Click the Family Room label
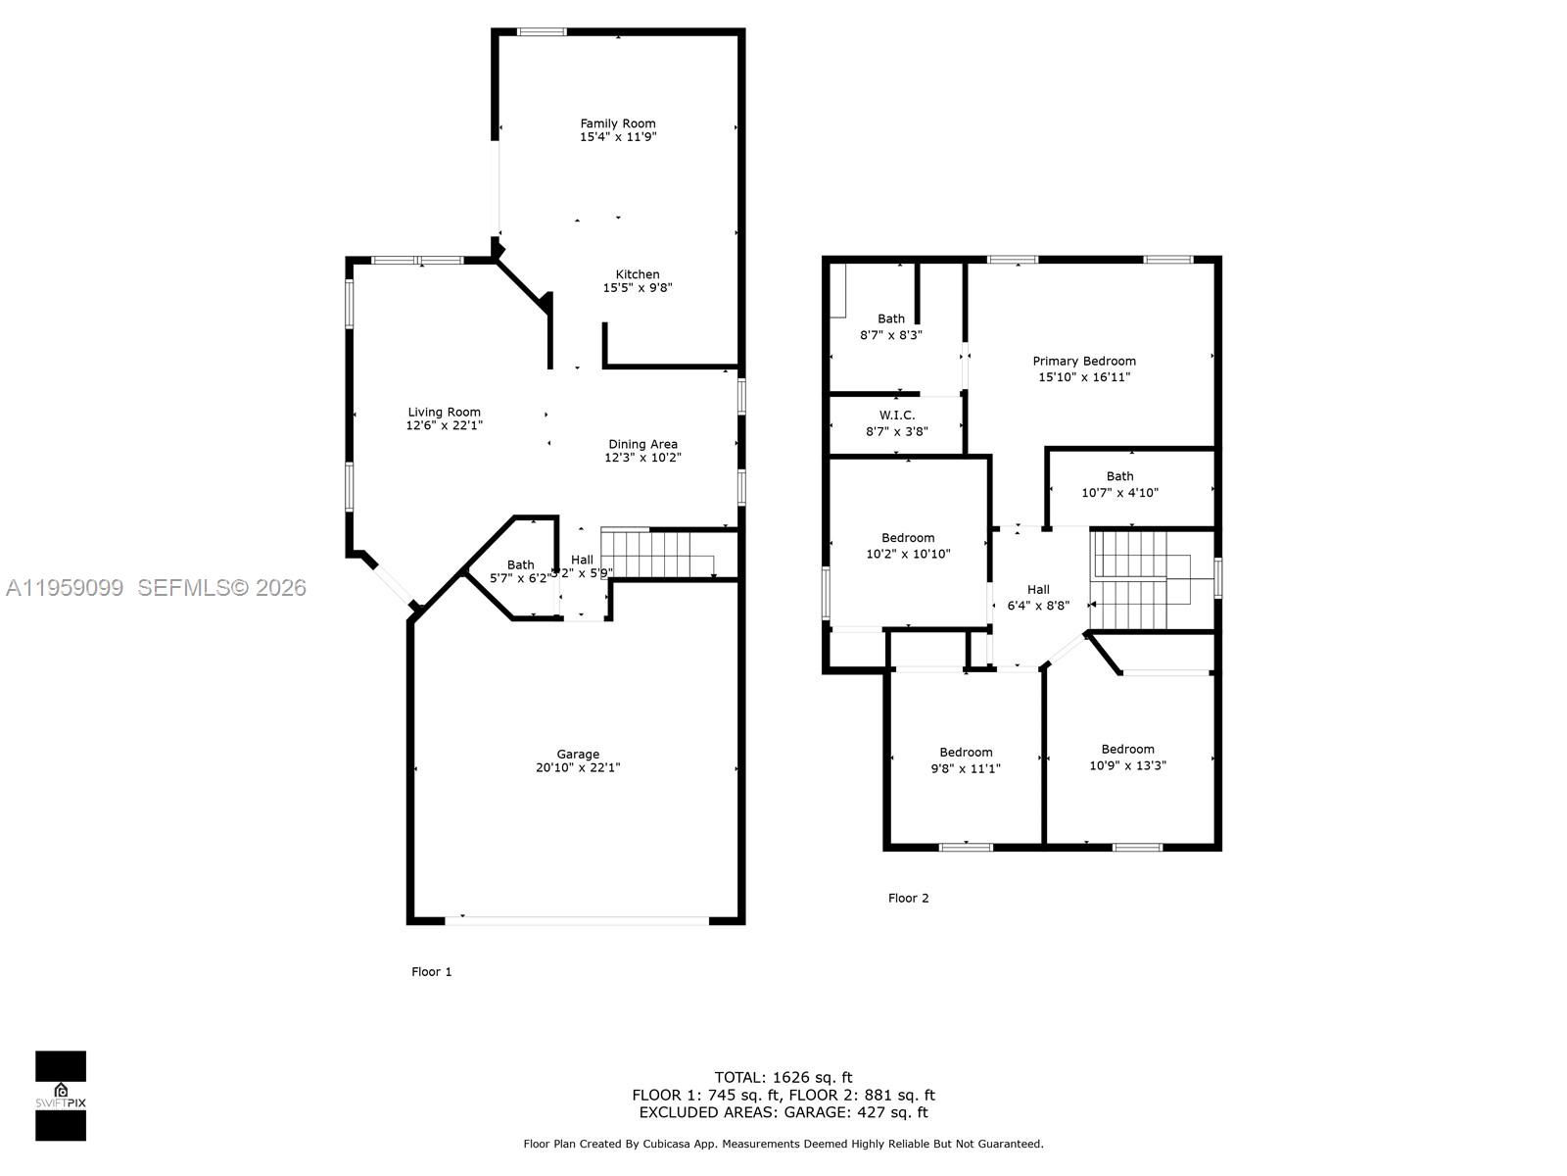pos(617,123)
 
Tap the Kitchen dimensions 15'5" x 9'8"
pos(637,288)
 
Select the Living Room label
pos(444,413)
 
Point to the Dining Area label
pos(642,444)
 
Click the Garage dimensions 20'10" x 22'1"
pos(578,768)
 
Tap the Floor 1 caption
pos(431,972)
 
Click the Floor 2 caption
pos(908,898)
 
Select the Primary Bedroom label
pos(1084,362)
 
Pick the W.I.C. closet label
pos(896,416)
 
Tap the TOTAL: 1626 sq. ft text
pos(783,1078)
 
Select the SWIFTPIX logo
pos(61,1096)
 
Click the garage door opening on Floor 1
pos(577,921)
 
